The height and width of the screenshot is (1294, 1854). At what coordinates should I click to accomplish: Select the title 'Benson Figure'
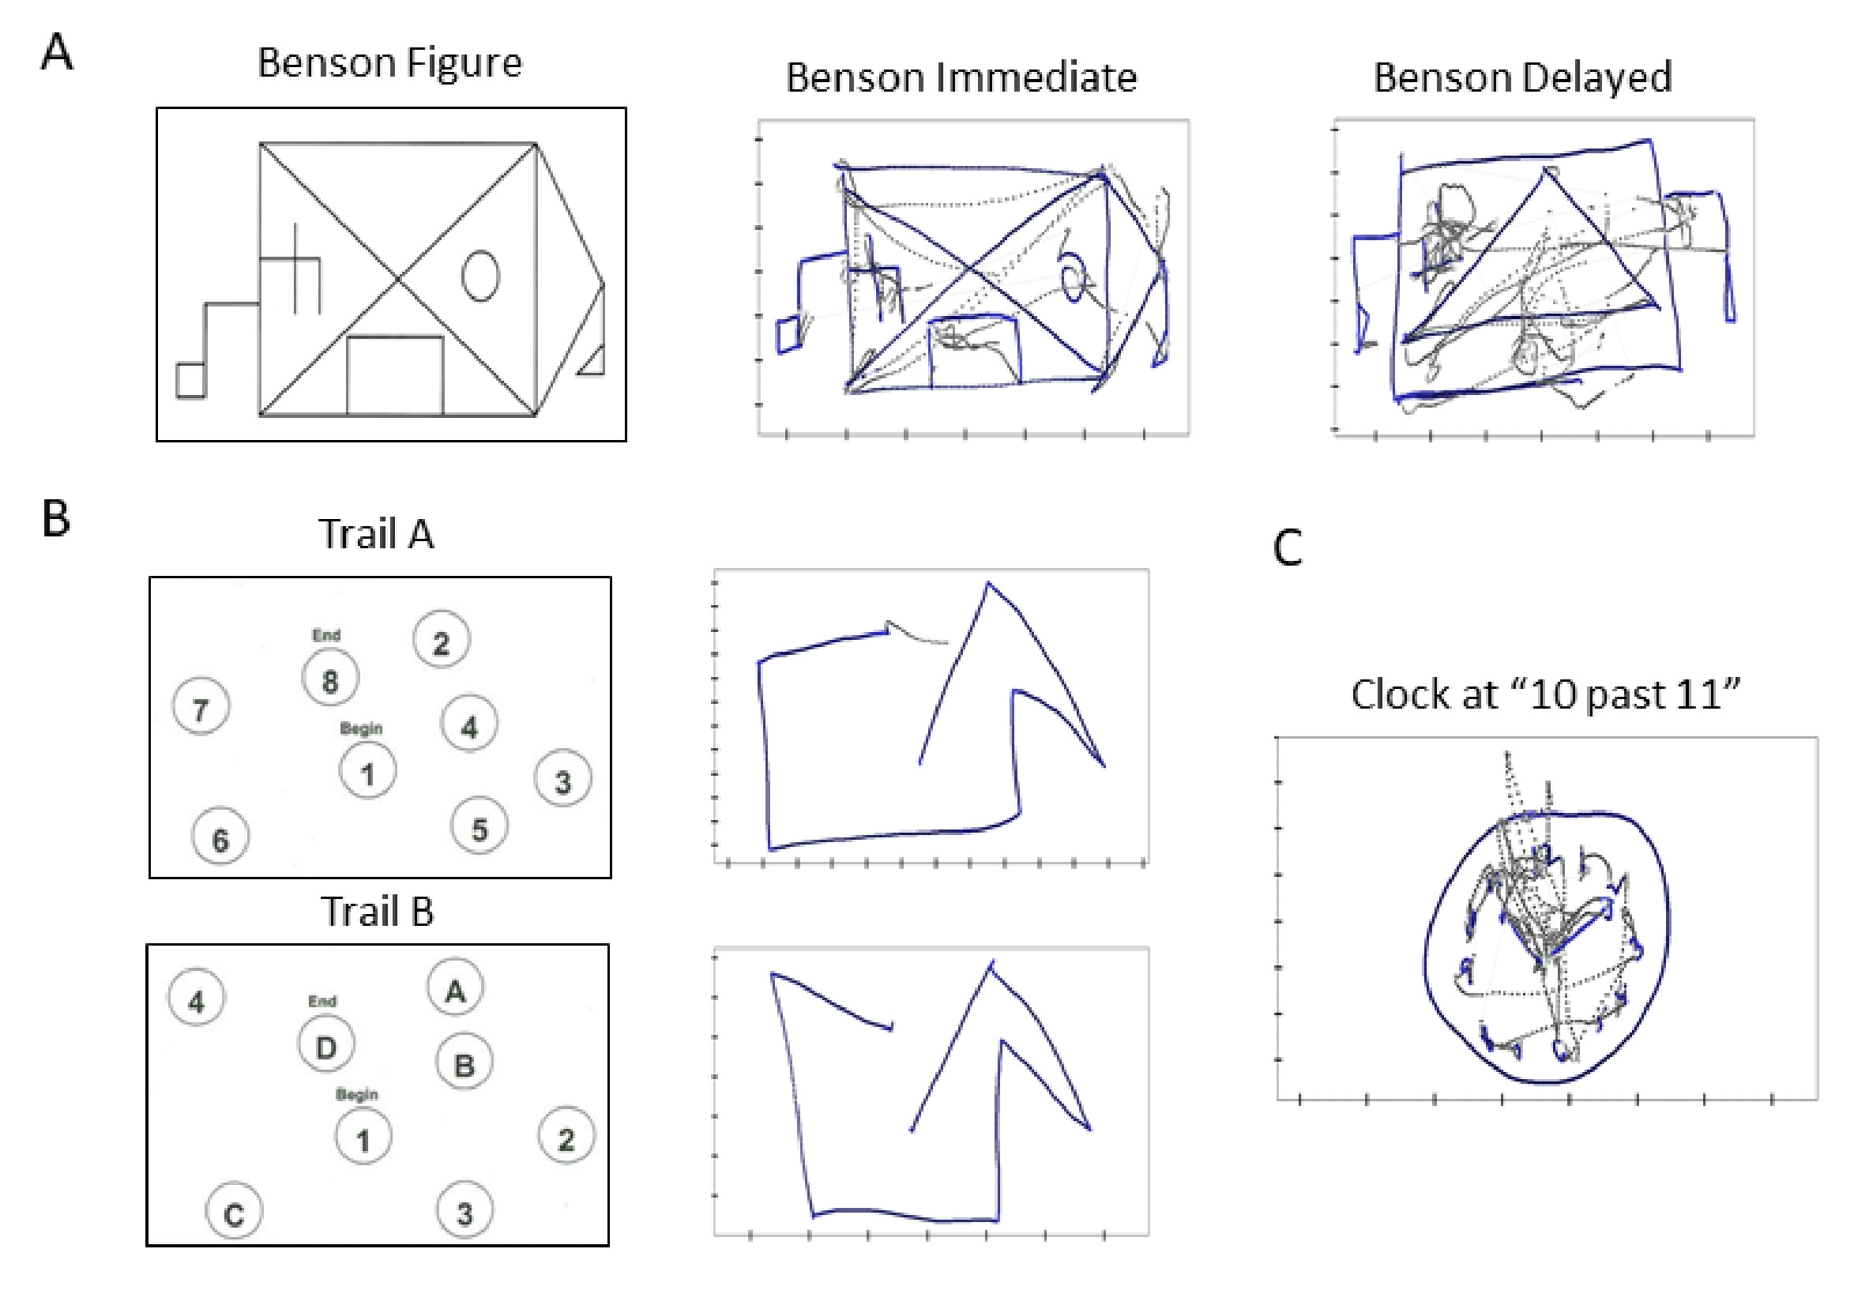[389, 63]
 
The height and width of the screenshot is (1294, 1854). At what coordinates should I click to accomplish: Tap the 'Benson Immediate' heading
[961, 77]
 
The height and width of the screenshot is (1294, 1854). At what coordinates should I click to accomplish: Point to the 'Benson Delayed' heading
[1522, 77]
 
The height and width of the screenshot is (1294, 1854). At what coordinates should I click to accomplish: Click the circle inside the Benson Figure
[479, 276]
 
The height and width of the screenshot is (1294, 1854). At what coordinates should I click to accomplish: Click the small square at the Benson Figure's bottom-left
[190, 381]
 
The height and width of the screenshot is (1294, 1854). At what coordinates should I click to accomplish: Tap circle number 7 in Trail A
[201, 707]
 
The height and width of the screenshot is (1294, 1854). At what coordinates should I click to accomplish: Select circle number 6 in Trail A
[220, 836]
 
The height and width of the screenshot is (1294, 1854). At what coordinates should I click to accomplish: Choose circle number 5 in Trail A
[479, 826]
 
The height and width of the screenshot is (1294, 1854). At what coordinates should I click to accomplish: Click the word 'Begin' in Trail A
[360, 728]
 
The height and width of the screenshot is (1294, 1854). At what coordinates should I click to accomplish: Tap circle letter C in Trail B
[234, 1211]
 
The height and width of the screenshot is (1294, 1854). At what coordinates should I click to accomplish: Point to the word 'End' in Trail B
[322, 1002]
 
